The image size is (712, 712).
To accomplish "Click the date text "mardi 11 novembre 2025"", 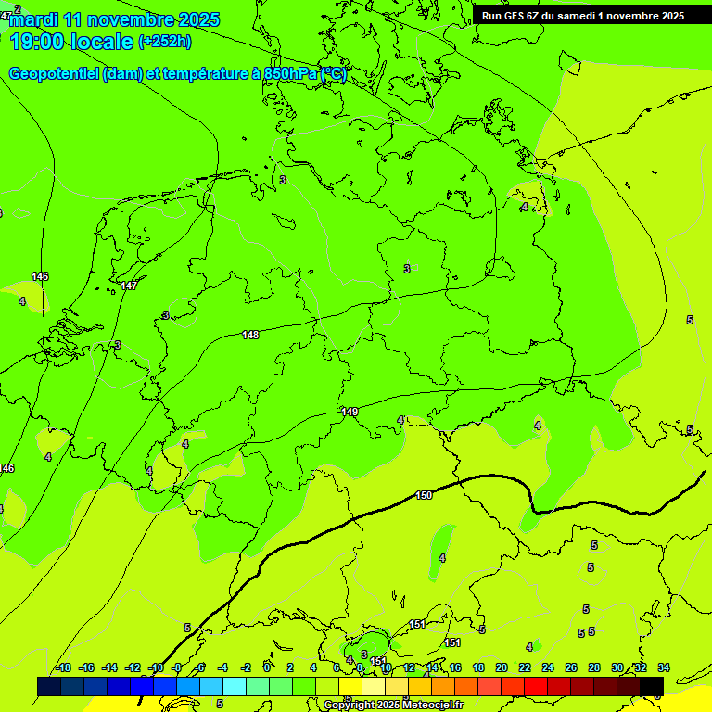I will tap(115, 19).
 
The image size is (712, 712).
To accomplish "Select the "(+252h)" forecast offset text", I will tap(165, 42).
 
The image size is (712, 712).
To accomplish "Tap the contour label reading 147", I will tap(129, 286).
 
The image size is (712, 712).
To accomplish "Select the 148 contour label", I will tap(250, 335).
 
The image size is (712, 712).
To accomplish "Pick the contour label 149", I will tap(350, 412).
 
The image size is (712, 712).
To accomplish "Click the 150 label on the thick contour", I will tap(424, 495).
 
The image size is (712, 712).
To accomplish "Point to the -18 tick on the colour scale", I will tap(63, 667).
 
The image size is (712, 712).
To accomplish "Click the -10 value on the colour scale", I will tap(156, 667).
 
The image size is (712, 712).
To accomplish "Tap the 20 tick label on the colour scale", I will tap(501, 667).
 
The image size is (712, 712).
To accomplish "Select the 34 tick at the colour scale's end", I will tap(664, 667).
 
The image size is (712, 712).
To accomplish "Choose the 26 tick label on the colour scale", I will tap(571, 667).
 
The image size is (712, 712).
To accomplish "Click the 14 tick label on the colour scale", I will tap(431, 667).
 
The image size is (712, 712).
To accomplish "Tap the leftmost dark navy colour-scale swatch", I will tap(49, 686).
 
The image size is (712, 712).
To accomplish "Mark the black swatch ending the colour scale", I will tap(652, 686).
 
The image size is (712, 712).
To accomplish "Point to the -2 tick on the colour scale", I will tap(246, 667).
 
